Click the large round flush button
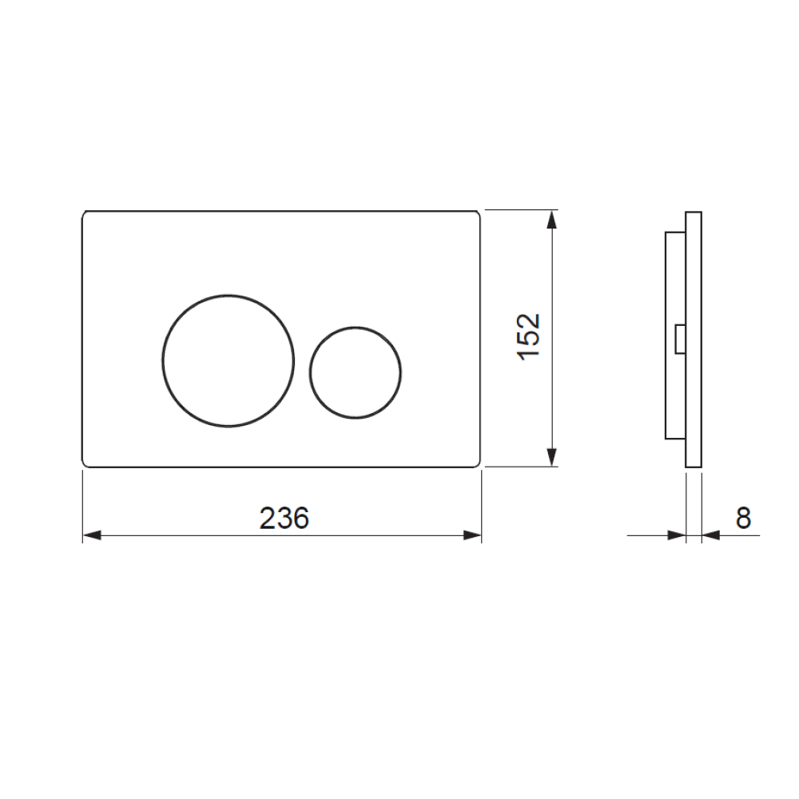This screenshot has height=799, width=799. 229,360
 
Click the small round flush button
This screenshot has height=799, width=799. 355,372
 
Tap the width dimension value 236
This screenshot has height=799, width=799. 284,519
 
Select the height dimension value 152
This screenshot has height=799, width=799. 530,336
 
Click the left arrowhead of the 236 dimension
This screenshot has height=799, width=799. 91,535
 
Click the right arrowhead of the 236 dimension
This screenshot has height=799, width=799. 473,535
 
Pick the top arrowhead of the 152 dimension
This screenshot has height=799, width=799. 551,219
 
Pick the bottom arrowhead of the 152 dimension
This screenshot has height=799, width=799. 551,457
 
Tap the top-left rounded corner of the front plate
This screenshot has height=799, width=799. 86,215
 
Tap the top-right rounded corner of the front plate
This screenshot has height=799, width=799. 477,215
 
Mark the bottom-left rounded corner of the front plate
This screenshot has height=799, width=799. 86,463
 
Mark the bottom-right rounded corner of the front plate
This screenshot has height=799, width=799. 477,463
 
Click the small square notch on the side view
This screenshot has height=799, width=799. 680,338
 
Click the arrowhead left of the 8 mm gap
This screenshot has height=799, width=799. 678,535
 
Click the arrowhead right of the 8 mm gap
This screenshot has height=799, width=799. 710,535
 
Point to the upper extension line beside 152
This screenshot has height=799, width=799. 519,210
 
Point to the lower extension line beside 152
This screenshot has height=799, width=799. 519,467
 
